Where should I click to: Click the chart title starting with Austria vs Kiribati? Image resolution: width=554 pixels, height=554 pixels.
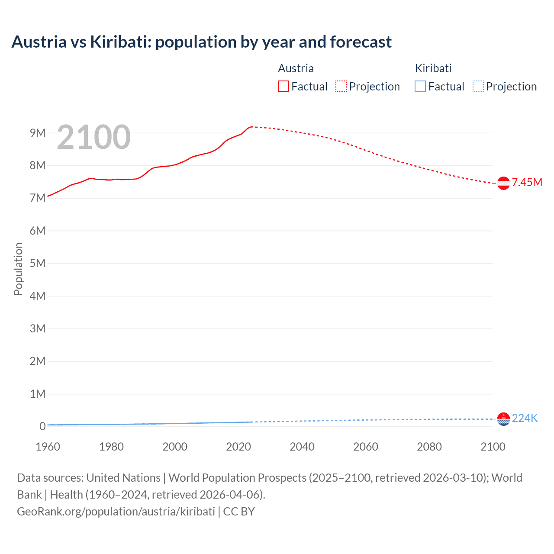[201, 42]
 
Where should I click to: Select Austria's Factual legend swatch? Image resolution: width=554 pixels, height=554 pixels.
[283, 86]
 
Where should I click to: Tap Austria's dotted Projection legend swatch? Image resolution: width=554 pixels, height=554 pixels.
[341, 86]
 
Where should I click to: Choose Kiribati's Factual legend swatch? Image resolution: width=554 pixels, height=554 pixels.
[420, 86]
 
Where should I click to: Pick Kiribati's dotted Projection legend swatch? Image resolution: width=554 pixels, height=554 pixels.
[478, 86]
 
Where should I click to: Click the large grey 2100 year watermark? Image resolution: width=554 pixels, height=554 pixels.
[93, 137]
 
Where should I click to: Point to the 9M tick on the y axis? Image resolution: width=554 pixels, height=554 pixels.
[38, 133]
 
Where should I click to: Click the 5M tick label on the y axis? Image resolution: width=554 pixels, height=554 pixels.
[38, 263]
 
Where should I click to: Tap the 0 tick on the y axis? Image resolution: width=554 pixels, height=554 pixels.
[42, 426]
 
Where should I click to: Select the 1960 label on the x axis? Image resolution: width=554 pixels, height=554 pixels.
[48, 447]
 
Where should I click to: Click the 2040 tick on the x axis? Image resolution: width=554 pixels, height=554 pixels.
[302, 447]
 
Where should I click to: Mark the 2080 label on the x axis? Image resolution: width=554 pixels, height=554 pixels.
[429, 447]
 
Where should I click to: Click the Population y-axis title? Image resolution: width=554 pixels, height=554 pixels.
[18, 269]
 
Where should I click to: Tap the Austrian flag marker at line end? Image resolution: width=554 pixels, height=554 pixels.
[503, 183]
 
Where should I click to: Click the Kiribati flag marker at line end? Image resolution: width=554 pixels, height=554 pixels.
[503, 419]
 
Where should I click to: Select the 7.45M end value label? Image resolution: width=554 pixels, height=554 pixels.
[527, 182]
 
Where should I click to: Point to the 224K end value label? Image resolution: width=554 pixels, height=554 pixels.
[525, 418]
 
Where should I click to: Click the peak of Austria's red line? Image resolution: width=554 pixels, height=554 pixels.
[251, 127]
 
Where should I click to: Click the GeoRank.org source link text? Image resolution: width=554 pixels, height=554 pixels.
[116, 512]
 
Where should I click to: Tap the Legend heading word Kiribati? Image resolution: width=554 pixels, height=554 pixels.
[433, 68]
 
